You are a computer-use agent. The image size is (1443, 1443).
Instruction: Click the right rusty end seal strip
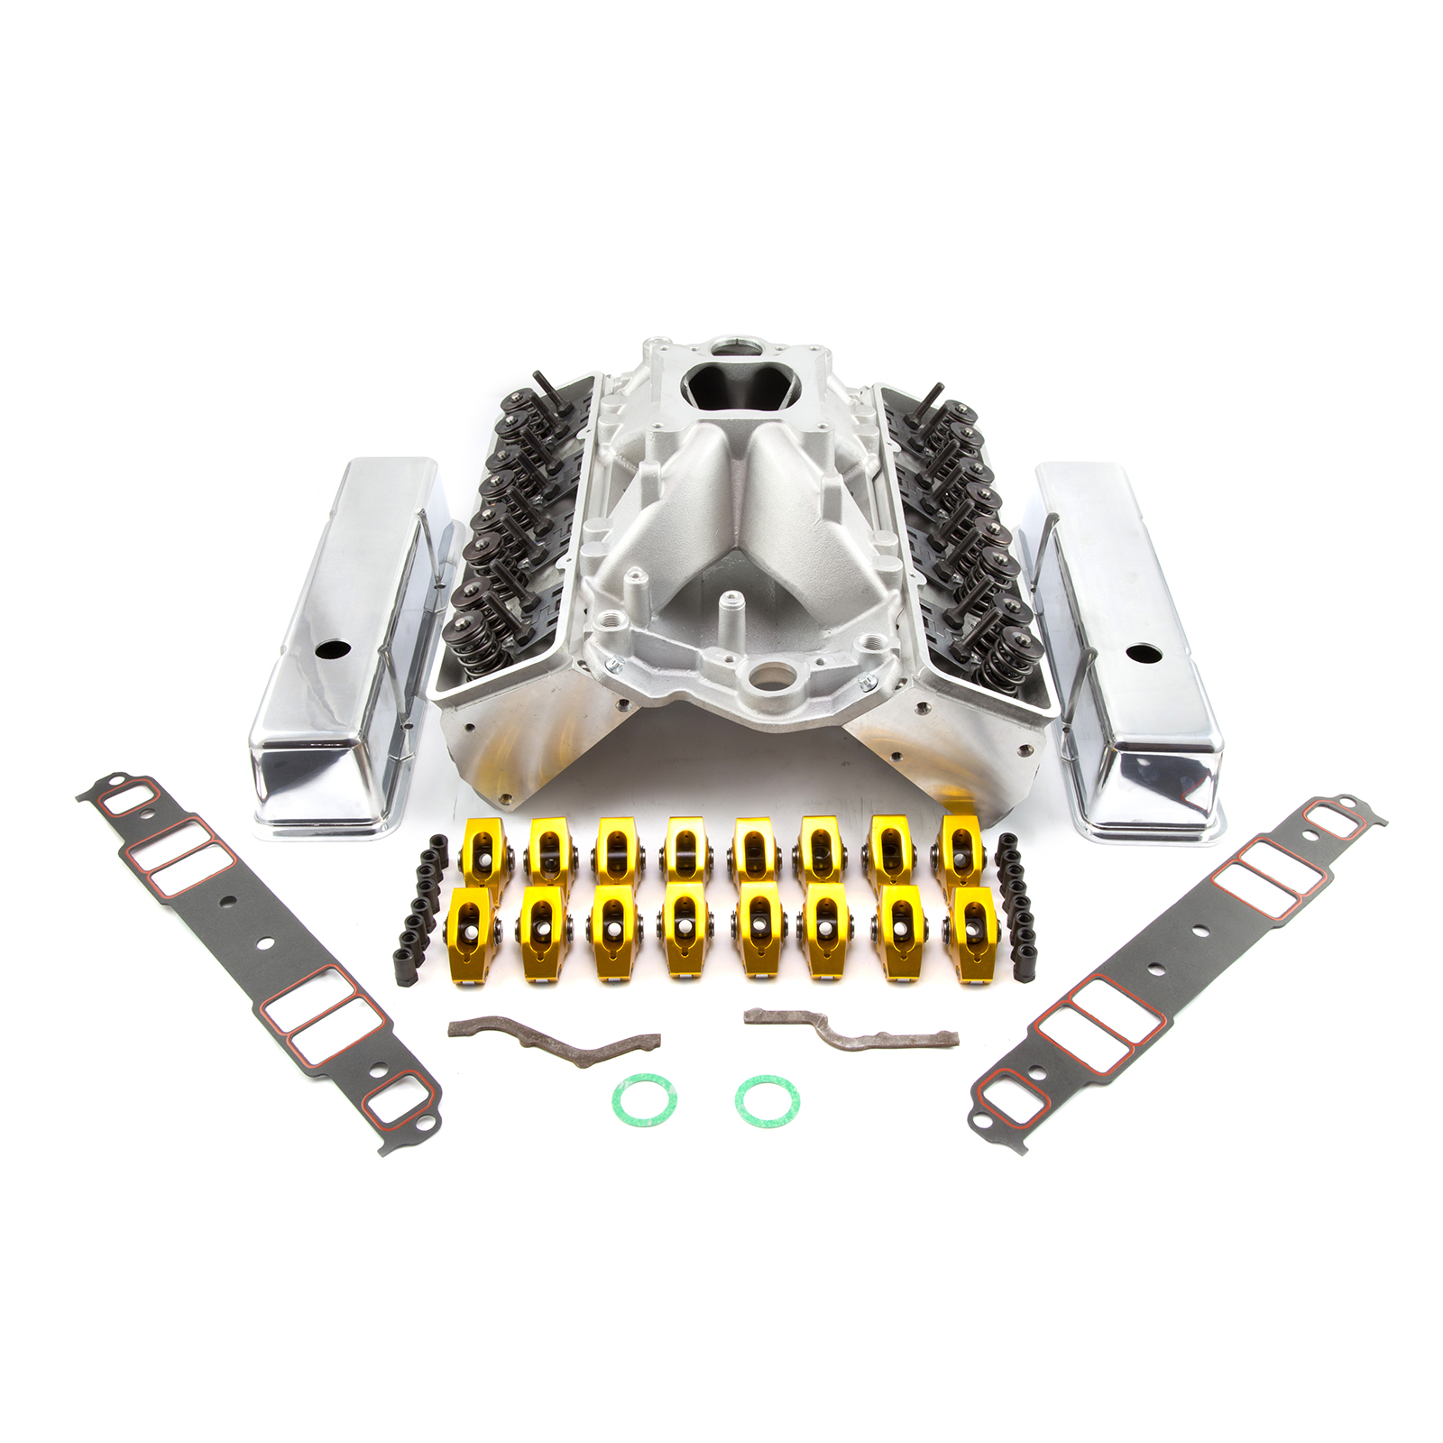[848, 1029]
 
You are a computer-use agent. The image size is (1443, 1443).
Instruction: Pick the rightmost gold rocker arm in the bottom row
[973, 934]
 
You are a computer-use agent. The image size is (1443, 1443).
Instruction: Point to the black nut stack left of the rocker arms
[422, 911]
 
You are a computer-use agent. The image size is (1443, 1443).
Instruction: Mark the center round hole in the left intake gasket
[264, 943]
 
